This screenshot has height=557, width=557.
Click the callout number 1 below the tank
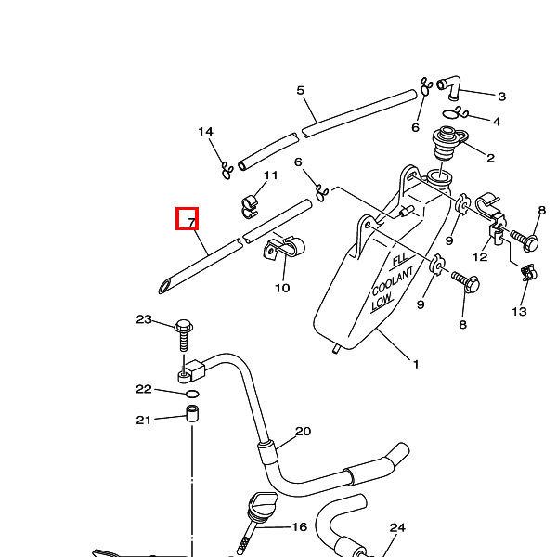(415, 364)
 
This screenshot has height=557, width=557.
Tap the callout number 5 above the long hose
(300, 90)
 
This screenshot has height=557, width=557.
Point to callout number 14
(205, 132)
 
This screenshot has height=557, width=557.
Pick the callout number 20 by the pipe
(303, 432)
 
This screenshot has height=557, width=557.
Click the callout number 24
(397, 528)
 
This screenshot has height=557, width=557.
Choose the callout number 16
(299, 527)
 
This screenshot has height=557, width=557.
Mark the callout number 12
(480, 257)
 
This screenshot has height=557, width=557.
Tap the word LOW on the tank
(382, 303)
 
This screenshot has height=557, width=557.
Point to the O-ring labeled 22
(192, 394)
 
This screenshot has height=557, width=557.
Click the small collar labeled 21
(193, 414)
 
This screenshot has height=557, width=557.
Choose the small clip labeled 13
(529, 273)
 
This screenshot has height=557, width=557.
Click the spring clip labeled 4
(461, 114)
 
